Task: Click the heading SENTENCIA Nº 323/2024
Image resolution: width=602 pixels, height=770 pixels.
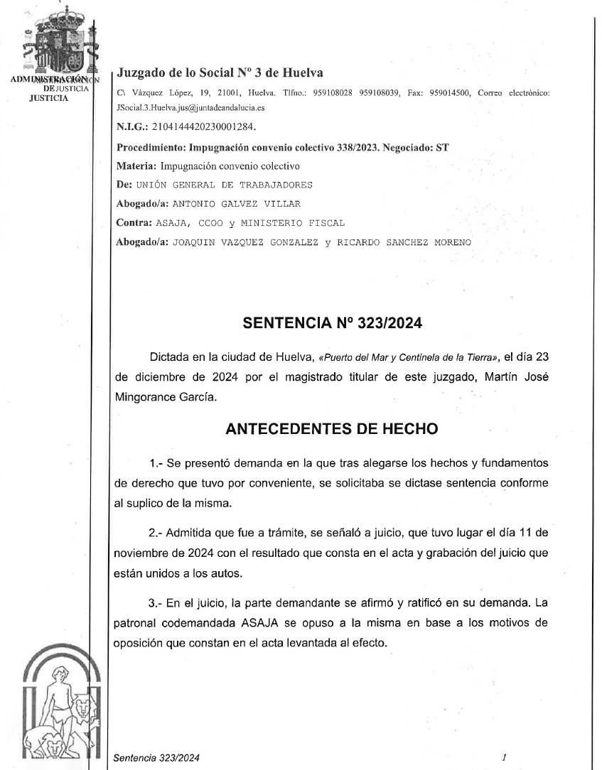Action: (333, 324)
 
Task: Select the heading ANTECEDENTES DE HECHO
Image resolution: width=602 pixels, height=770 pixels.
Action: (332, 429)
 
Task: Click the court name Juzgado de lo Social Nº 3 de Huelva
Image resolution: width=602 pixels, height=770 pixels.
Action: (220, 72)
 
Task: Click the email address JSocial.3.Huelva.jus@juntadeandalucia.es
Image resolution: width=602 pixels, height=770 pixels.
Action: (191, 109)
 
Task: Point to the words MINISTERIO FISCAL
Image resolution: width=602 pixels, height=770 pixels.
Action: (299, 223)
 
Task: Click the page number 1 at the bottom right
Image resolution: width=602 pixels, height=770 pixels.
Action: (503, 758)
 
